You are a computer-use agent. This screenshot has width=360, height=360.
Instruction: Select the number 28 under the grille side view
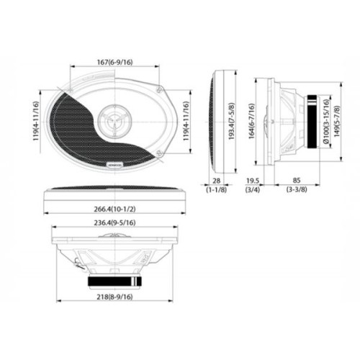pyautogui.click(x=216, y=182)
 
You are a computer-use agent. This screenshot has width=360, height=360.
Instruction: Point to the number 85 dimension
pyautogui.click(x=296, y=182)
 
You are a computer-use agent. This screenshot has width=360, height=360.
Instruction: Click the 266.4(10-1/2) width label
pyautogui.click(x=116, y=209)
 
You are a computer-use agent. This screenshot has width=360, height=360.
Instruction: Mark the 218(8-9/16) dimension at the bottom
pyautogui.click(x=116, y=296)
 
